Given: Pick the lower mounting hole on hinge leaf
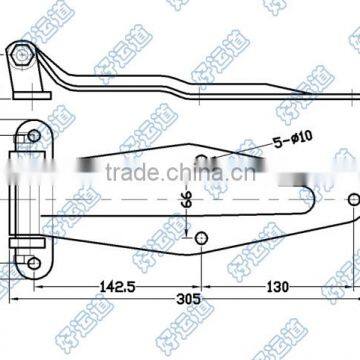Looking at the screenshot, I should click(34, 236).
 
